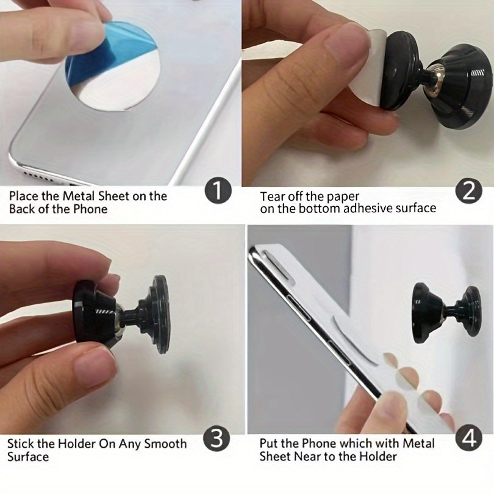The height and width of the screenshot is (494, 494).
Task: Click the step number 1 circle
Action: [218, 192]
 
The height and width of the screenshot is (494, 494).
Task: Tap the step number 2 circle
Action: [469, 191]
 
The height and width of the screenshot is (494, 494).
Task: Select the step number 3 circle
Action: [217, 439]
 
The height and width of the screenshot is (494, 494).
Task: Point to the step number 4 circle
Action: [469, 439]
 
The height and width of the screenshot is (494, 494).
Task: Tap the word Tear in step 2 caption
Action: [272, 196]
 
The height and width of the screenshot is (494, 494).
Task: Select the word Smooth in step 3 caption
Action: [165, 444]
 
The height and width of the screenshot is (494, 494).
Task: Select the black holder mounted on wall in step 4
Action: [446, 313]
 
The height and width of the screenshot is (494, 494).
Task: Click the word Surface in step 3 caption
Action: [28, 457]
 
